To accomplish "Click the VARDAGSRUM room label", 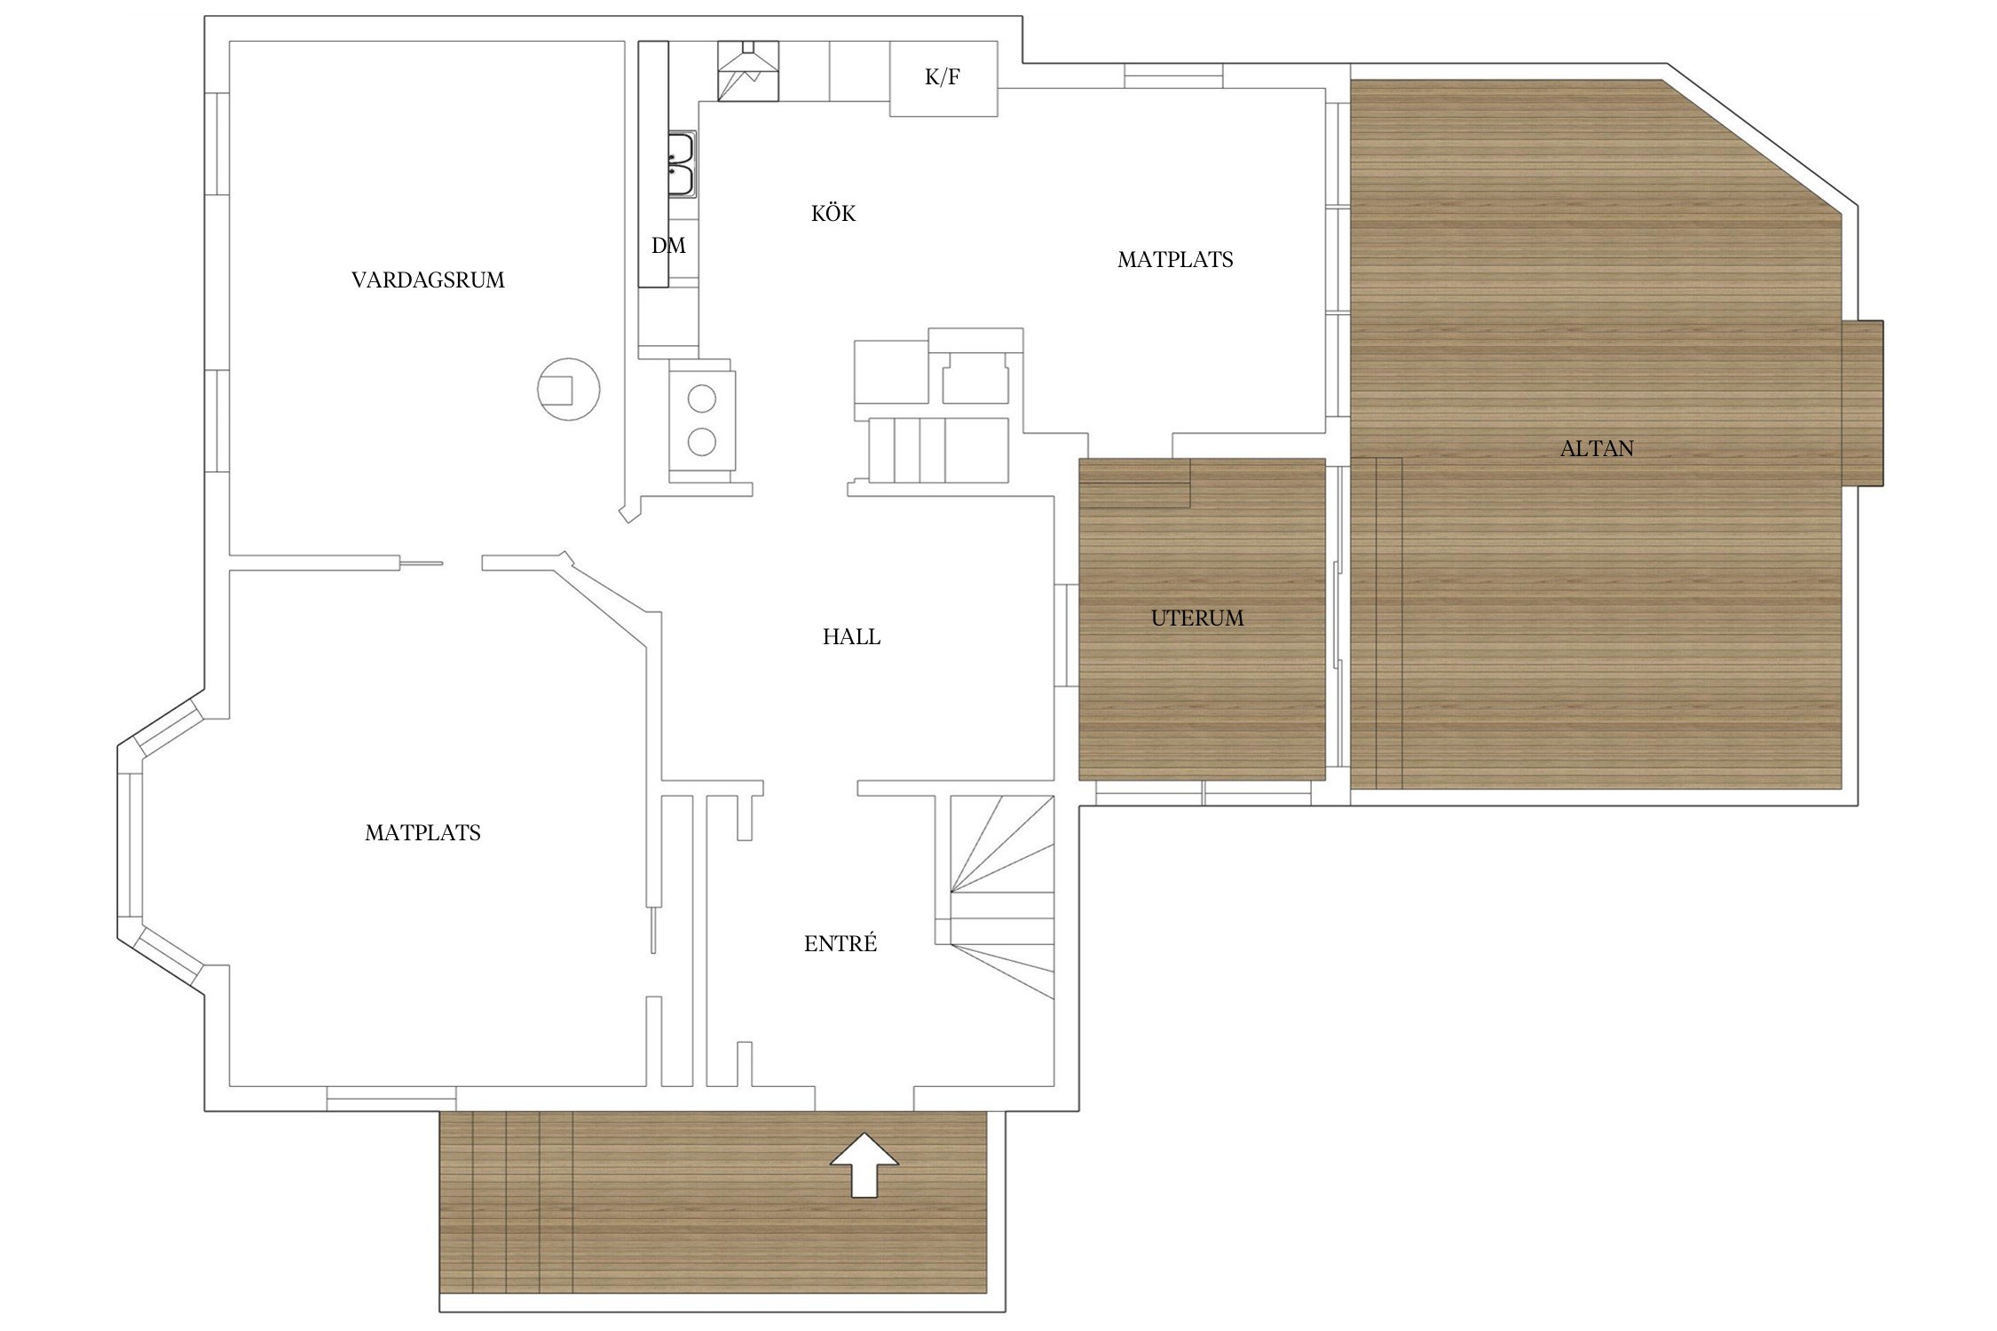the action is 428,280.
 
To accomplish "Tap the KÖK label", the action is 833,213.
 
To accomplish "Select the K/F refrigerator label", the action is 943,77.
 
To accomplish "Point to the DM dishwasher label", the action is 668,246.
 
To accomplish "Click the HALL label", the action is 851,637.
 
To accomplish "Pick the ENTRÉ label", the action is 841,943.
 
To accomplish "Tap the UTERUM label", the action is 1197,618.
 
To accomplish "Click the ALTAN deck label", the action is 1597,449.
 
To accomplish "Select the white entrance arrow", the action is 864,1164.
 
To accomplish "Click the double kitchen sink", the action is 682,164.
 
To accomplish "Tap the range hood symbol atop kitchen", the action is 747,71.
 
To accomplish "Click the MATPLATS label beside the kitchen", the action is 1175,260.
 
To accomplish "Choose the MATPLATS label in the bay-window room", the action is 422,833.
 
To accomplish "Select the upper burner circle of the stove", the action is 702,399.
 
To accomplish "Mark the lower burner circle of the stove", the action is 702,441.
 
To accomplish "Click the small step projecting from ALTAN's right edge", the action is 1863,403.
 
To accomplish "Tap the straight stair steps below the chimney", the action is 938,450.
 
